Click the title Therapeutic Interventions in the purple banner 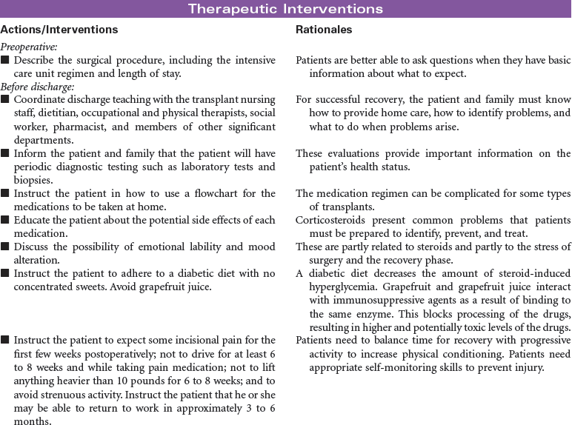click(285, 9)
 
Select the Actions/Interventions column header click(59, 30)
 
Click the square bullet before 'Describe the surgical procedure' click(5, 60)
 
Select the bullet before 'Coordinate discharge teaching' click(5, 99)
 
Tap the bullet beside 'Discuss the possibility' click(5, 247)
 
